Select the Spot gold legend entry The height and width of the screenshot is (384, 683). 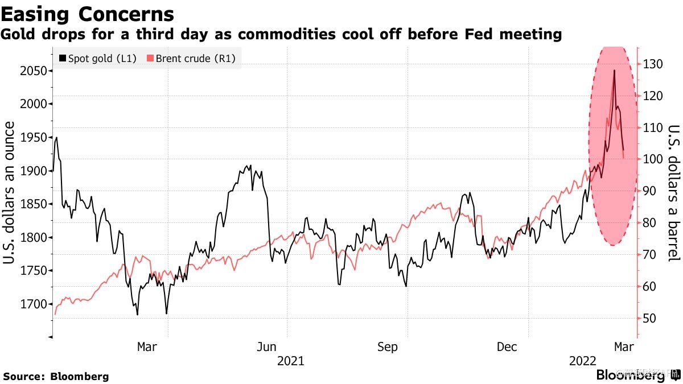[97, 58]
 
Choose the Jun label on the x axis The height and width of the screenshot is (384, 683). [267, 347]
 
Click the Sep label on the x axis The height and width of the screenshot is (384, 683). [387, 347]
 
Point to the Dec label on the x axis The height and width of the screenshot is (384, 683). [507, 347]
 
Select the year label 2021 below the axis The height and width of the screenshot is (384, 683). [290, 361]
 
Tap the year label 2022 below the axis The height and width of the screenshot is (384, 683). [582, 361]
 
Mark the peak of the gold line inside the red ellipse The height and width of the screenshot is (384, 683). [614, 70]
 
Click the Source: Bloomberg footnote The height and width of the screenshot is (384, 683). [56, 376]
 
